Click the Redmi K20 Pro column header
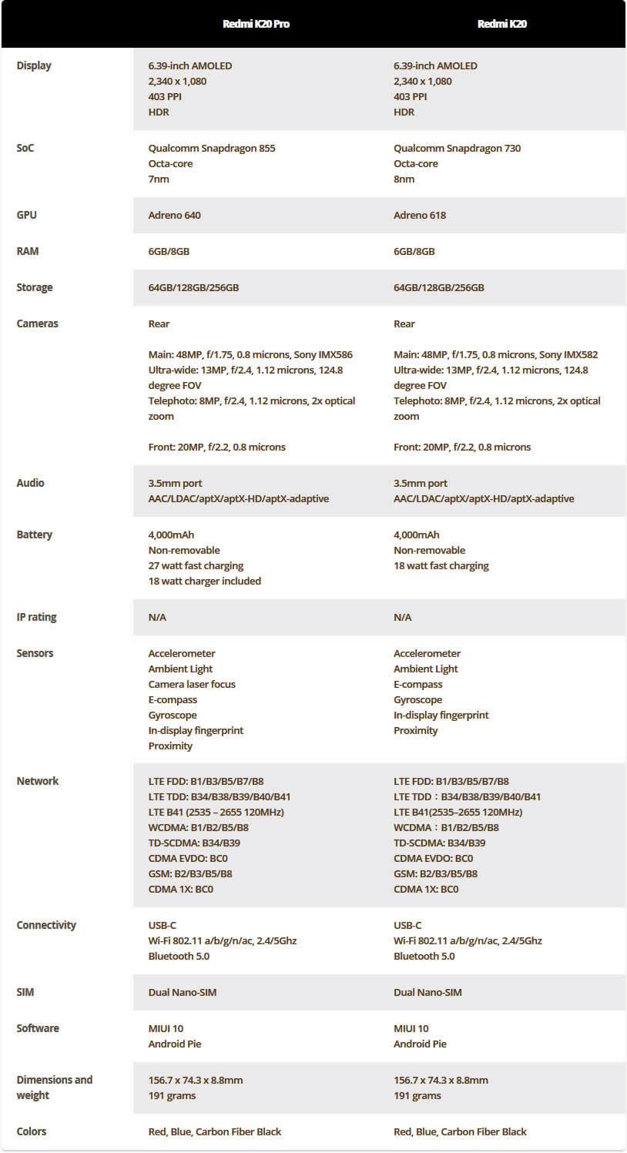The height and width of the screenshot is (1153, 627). click(256, 24)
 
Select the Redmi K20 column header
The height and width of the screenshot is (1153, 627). click(501, 24)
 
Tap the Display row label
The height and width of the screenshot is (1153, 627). click(34, 65)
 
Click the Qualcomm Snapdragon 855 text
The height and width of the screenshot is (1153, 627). click(212, 148)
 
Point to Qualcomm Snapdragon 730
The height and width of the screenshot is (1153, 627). click(457, 148)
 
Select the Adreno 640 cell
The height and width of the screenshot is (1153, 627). click(174, 215)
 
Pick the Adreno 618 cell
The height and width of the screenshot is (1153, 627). click(420, 215)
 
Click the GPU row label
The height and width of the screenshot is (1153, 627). click(27, 215)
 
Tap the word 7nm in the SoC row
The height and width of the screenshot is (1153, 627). click(159, 179)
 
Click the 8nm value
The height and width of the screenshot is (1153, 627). click(404, 179)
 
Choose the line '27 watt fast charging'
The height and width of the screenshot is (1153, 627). click(196, 565)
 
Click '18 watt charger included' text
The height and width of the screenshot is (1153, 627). click(204, 581)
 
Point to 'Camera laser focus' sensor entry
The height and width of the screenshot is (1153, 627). click(192, 684)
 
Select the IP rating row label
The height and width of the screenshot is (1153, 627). click(36, 617)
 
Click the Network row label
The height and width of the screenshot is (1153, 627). click(38, 781)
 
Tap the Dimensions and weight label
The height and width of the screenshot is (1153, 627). click(54, 1088)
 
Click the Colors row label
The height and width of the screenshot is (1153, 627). click(32, 1131)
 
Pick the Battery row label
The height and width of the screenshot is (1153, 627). click(35, 535)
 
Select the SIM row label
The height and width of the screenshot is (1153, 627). click(25, 992)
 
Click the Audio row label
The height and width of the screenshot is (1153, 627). click(31, 483)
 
